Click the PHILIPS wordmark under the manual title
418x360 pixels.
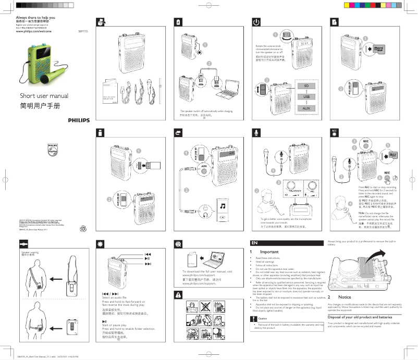click(78, 120)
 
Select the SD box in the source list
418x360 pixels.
click(306, 85)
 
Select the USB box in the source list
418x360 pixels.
click(306, 96)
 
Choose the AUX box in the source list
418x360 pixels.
click(306, 107)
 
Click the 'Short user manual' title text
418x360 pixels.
click(44, 96)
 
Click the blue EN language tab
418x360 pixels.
click(255, 243)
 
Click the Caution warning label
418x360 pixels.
click(262, 318)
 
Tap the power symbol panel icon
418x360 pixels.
click(256, 22)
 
